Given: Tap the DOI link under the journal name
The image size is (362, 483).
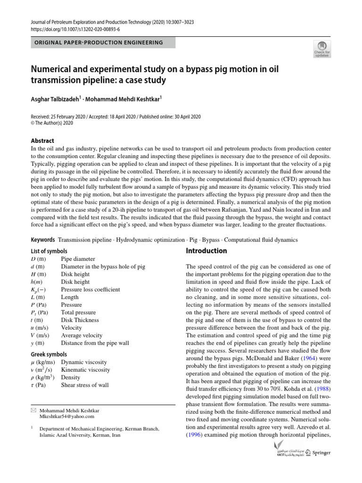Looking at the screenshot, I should (75, 29).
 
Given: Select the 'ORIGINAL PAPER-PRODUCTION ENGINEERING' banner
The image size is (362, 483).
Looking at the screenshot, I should (98, 43).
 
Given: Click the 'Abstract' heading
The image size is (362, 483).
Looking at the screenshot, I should (42, 141).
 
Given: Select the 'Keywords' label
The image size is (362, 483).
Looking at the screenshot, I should (43, 240).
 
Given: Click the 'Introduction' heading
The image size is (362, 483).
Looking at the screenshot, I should (206, 251).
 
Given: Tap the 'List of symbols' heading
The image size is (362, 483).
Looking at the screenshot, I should (49, 251).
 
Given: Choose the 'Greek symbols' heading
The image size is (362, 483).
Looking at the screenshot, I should (49, 354).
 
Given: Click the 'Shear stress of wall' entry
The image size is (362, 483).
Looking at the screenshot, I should (85, 385).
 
